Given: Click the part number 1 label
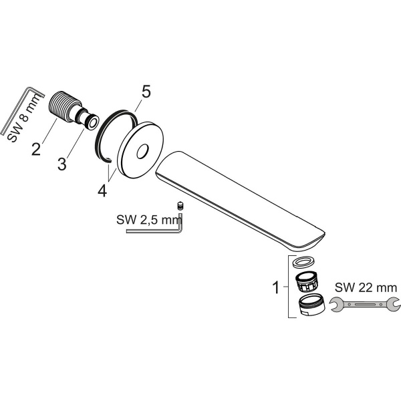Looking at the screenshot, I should pos(275,288).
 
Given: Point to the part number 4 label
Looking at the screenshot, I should pos(102,190).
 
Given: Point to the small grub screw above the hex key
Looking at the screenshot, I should pos(180,205).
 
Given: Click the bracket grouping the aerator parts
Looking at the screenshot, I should pos(288,288).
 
